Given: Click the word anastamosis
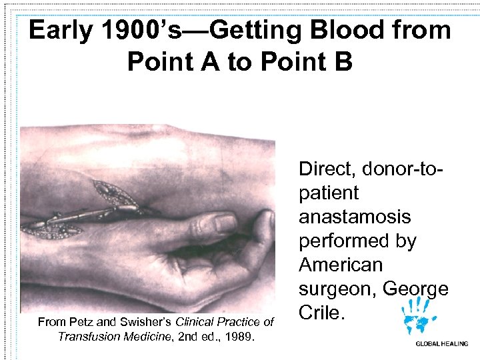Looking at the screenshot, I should [355, 217].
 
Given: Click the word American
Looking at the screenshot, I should [341, 265].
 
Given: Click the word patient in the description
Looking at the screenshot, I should [329, 193].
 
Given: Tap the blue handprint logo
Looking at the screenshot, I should [417, 316].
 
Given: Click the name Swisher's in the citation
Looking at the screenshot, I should [145, 322].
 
